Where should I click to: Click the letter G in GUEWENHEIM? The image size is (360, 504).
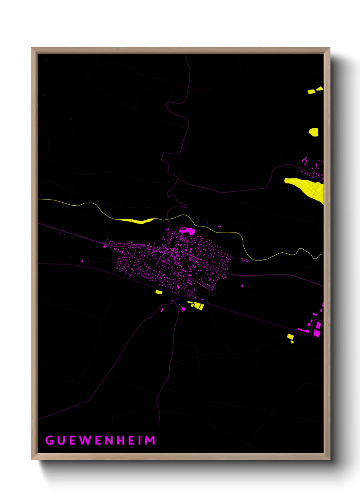50,440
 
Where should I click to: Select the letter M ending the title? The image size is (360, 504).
150,440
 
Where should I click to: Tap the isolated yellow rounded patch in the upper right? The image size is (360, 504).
314,132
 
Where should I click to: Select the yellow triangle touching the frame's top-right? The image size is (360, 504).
320,89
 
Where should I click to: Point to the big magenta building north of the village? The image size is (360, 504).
187,231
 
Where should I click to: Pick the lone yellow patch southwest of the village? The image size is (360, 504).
159,292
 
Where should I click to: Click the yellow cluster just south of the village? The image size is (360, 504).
197,305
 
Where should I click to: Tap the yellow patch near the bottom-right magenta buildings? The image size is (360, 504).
290,337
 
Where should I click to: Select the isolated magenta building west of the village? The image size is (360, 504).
82,262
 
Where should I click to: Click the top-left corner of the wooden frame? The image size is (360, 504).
32,48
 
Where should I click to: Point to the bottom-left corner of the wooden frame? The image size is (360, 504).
32,459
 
